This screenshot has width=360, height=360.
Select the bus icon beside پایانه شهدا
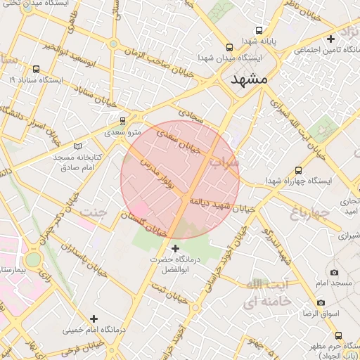tap(260, 31)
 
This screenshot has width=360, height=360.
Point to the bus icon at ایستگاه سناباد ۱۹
tap(36, 69)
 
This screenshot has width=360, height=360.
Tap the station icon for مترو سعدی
tap(123, 120)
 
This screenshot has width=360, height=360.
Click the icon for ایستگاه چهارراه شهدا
tap(299, 170)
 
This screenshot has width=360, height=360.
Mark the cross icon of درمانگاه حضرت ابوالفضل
tap(175, 247)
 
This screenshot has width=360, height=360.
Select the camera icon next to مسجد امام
tap(333, 272)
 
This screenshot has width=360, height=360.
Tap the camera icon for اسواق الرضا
tap(321, 302)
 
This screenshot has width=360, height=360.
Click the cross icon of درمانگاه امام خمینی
tap(94, 319)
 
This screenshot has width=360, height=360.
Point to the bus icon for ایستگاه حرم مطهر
tap(338, 335)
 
